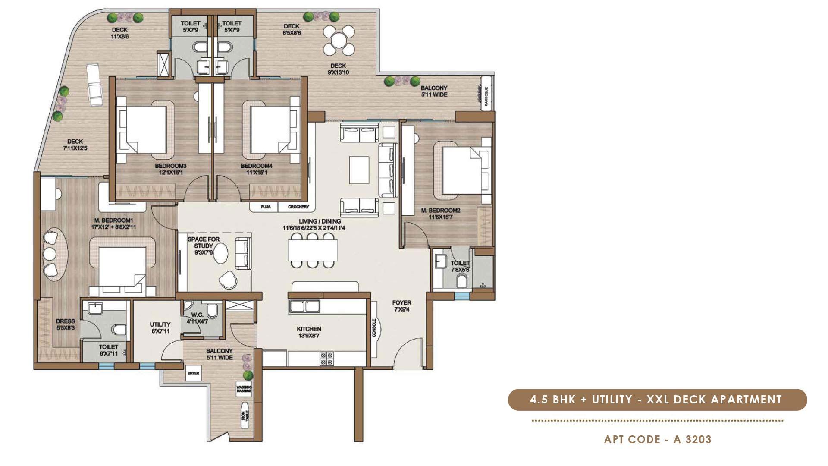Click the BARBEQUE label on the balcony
[x=486, y=96]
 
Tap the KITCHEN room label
[x=309, y=332]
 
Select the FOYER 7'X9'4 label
[x=401, y=306]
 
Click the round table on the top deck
[x=340, y=39]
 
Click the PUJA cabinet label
[x=266, y=207]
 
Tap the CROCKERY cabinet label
[x=298, y=207]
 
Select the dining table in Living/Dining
[x=313, y=250]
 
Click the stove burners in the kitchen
[x=326, y=359]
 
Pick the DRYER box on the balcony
[x=193, y=373]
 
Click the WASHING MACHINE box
[x=244, y=390]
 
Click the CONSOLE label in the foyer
[x=374, y=328]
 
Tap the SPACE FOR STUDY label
[x=204, y=246]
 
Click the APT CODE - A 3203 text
[x=658, y=439]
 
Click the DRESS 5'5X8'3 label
[x=65, y=324]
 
